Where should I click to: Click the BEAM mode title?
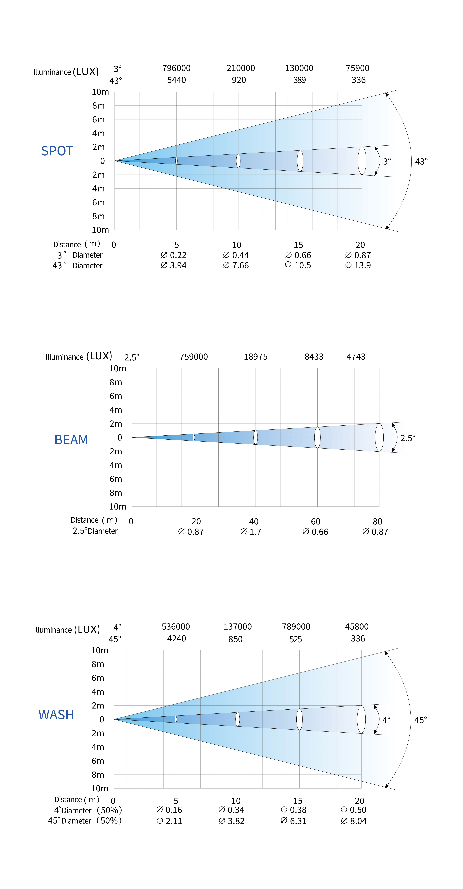tap(71, 440)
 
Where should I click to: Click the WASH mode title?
tap(56, 714)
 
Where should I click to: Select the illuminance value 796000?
tap(176, 68)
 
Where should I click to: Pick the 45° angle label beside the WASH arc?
tap(421, 720)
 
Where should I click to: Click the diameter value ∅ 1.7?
tap(251, 532)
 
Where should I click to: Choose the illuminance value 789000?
tap(296, 626)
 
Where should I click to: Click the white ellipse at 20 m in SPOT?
tap(362, 161)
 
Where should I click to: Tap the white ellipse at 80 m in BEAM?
tap(379, 437)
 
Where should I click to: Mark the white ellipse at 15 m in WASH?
tap(299, 719)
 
